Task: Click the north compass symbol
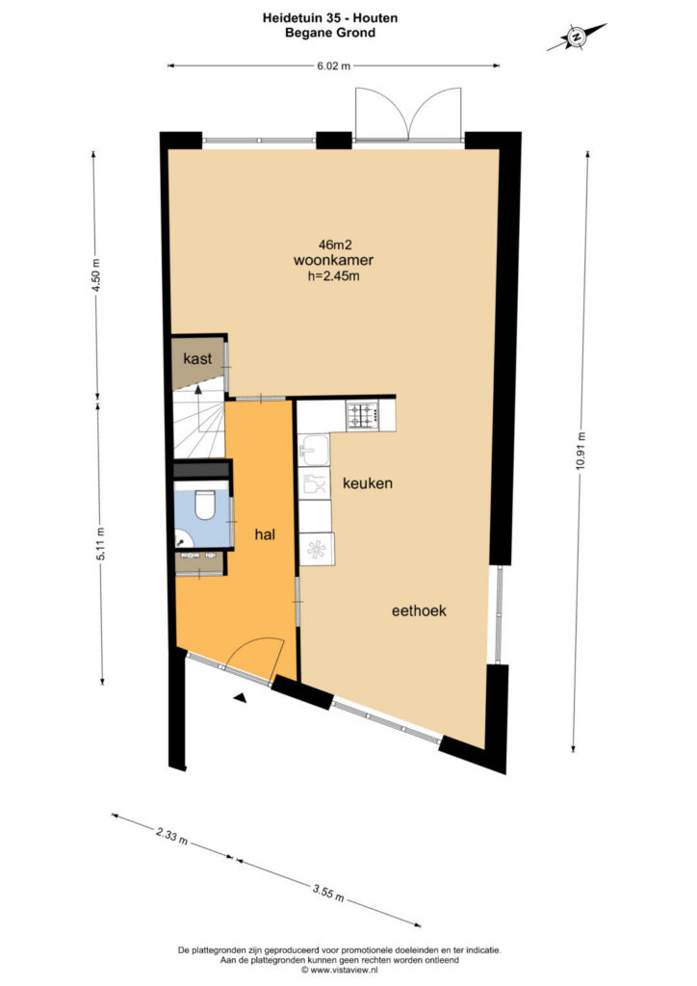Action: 577,37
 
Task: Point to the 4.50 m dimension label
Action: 95,276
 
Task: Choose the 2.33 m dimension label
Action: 171,836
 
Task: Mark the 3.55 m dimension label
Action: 328,892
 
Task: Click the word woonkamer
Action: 333,260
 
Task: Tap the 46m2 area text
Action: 334,245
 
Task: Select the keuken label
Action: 368,483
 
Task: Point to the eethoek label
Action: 419,610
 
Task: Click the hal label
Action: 265,535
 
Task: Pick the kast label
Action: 197,359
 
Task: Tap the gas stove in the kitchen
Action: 363,415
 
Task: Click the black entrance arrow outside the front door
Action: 241,697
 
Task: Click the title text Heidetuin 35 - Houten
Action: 330,18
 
